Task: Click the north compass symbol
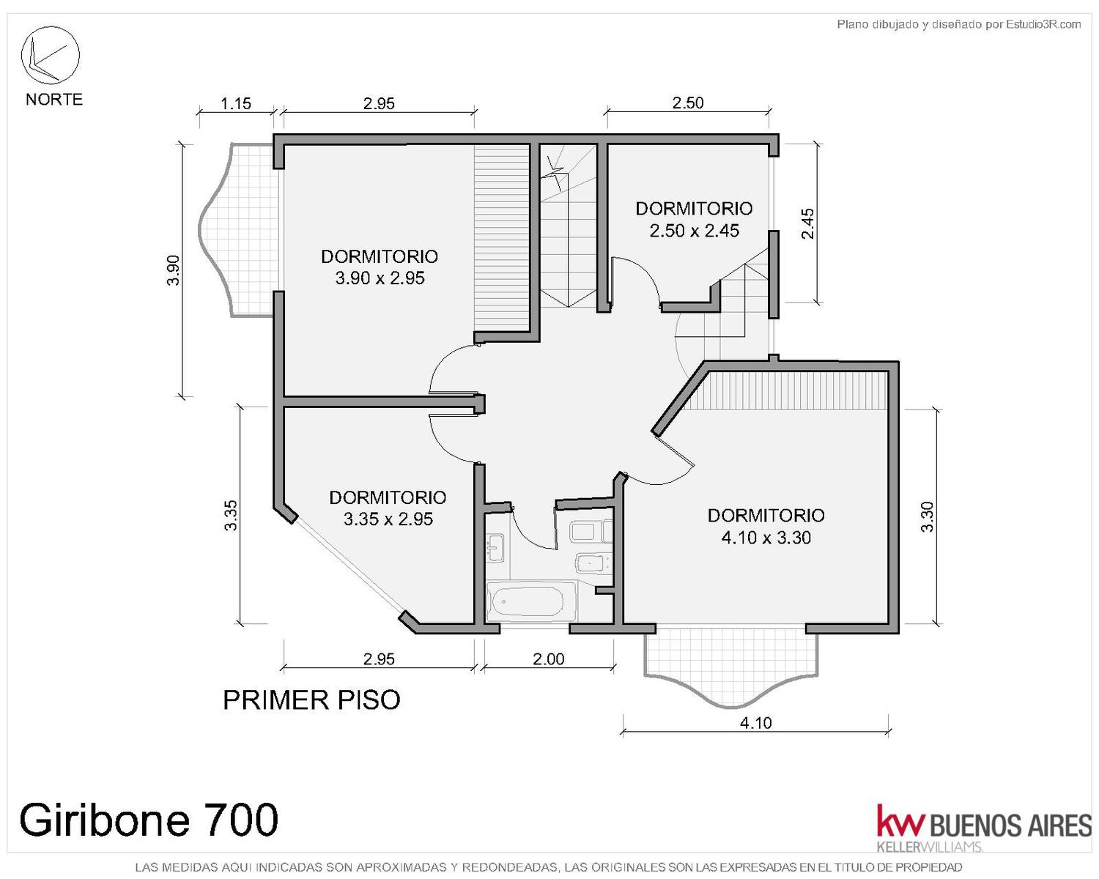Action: click(50, 55)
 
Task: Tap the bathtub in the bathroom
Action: click(531, 602)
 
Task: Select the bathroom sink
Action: click(495, 547)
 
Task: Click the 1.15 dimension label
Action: click(236, 104)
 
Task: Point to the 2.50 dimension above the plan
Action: click(688, 103)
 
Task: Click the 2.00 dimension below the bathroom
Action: click(549, 659)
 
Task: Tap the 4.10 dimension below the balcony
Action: click(756, 723)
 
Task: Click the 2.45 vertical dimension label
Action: click(807, 223)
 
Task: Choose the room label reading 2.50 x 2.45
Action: click(694, 231)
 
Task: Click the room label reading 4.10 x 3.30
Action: click(766, 538)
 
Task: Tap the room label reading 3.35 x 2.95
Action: click(388, 519)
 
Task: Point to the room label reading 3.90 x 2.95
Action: click(380, 278)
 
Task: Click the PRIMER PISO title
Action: click(311, 700)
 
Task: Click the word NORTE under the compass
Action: click(54, 100)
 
